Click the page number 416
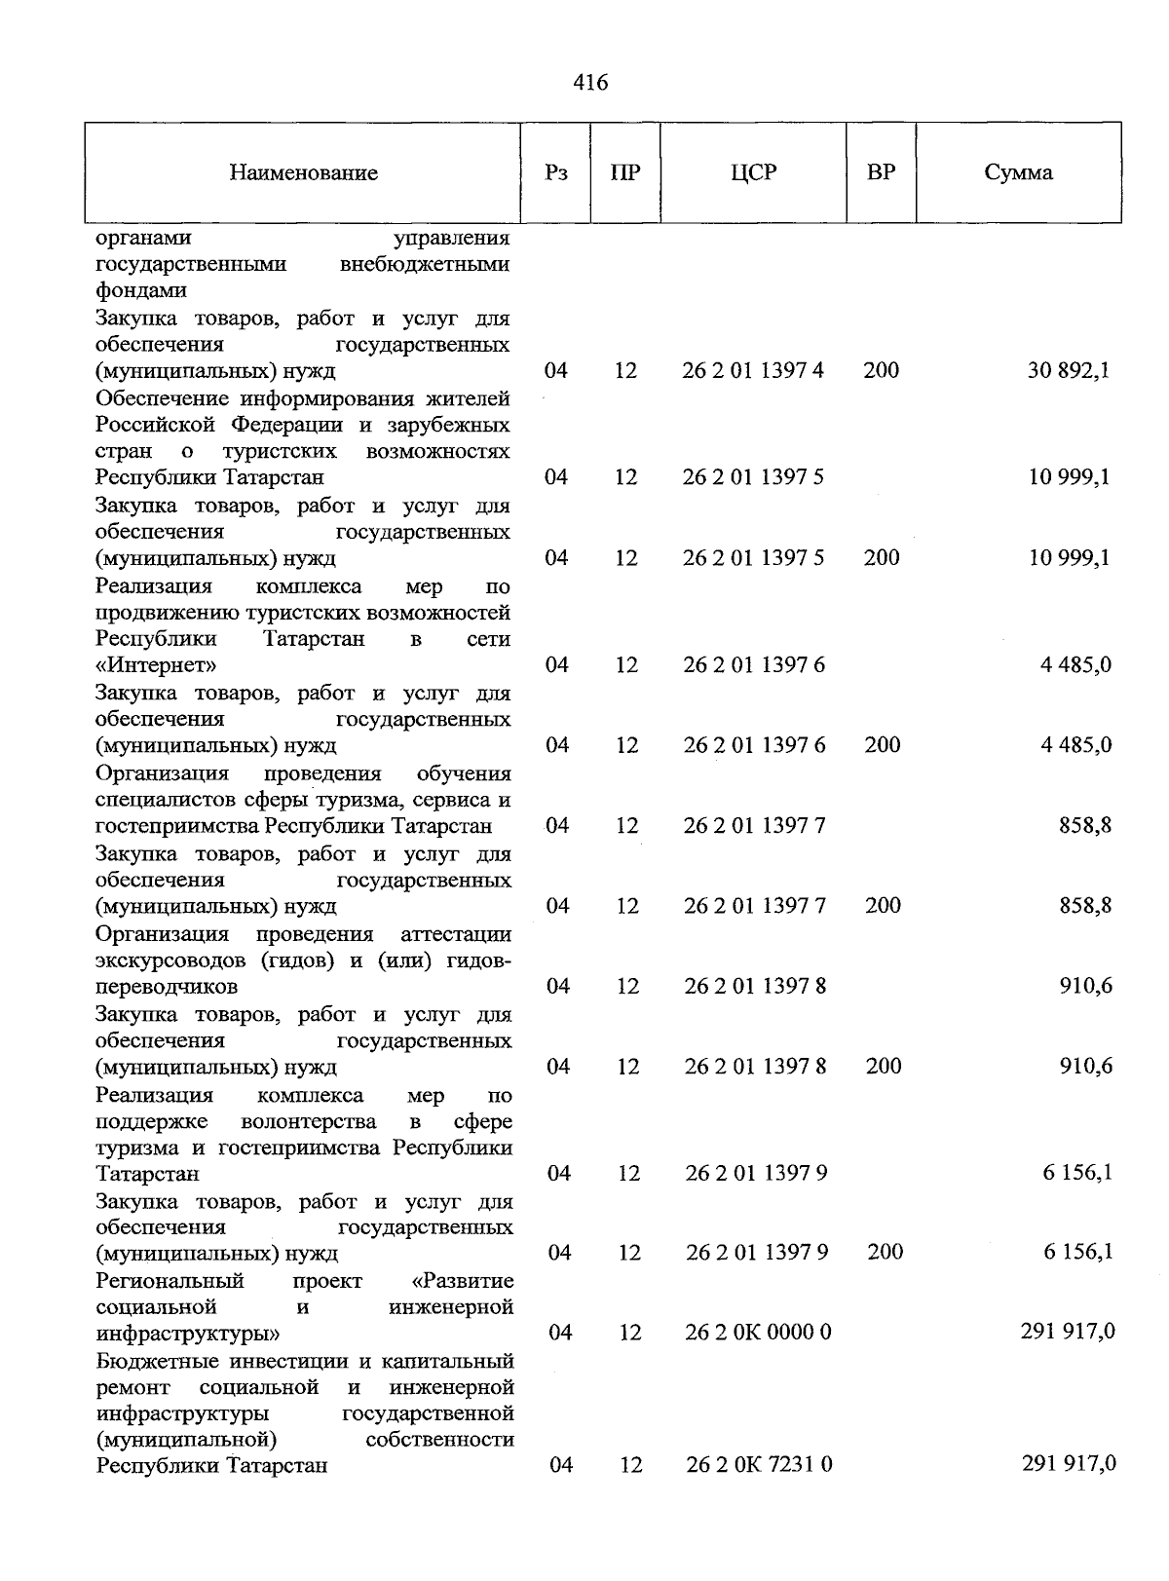[x=590, y=83]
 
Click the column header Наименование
[x=303, y=173]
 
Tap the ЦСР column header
[x=753, y=173]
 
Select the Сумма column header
[x=1018, y=173]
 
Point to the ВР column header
[x=881, y=173]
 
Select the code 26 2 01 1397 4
[x=753, y=371]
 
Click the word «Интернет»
[x=156, y=665]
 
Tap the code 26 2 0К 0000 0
[x=758, y=1332]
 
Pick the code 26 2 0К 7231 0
[x=758, y=1464]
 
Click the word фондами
[x=141, y=290]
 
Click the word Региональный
[x=170, y=1280]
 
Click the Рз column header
[x=555, y=173]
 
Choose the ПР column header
[x=624, y=173]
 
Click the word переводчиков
[x=167, y=987]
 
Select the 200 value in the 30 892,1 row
[x=881, y=371]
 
